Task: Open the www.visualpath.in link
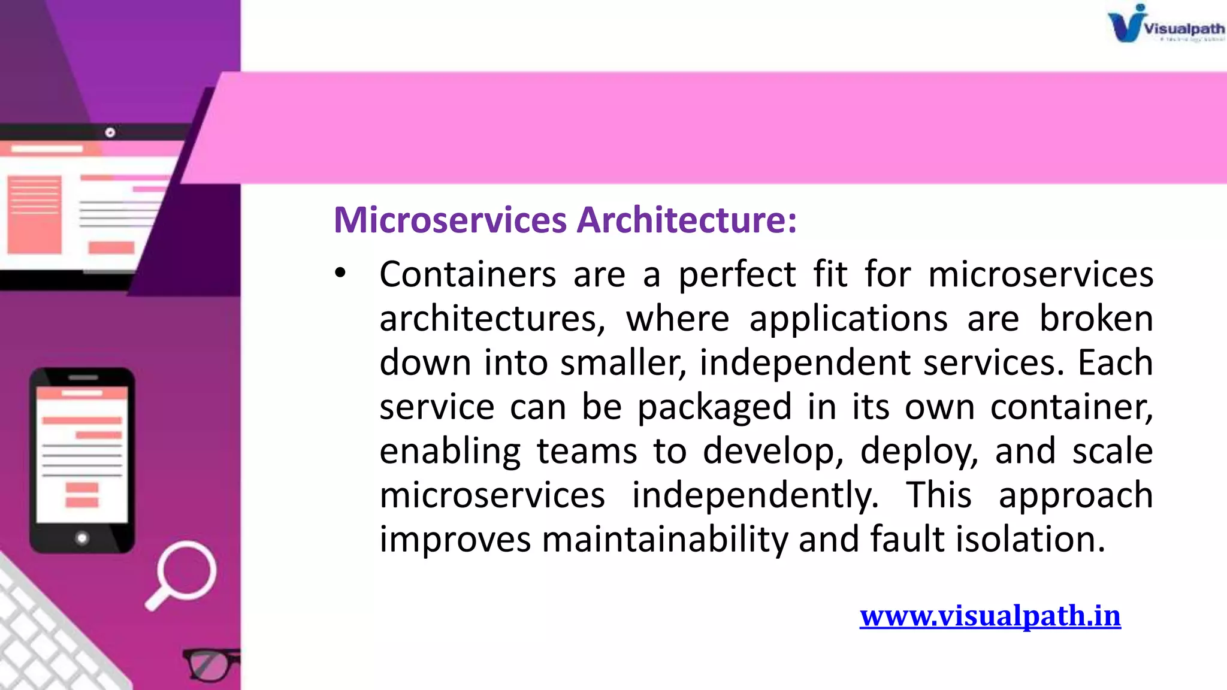pos(990,616)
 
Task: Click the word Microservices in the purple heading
pos(449,220)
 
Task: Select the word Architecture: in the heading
pos(687,220)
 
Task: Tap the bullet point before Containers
pos(340,274)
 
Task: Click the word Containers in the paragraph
pos(468,274)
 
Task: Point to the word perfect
pos(737,276)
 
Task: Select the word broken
pos(1096,319)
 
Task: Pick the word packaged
pos(715,408)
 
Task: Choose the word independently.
pos(755,496)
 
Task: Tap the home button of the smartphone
pos(82,538)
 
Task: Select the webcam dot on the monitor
pos(110,132)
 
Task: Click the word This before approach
pos(938,496)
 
